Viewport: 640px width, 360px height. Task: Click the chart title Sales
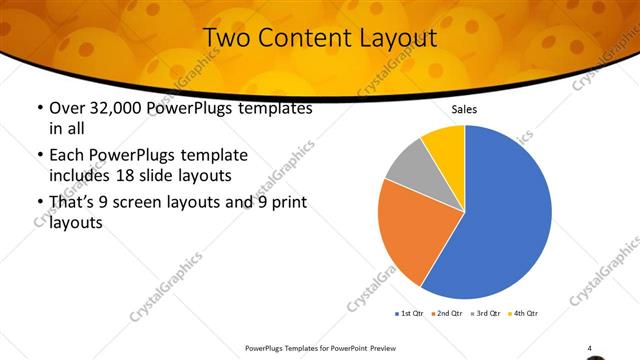tap(465, 109)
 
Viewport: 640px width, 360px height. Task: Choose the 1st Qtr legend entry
tap(409, 313)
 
